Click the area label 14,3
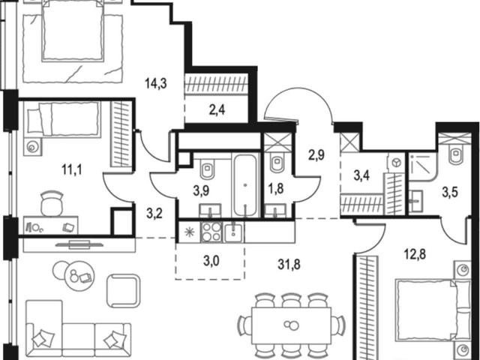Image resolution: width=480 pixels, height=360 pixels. [x=156, y=83]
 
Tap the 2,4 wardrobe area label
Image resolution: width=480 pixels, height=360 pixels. [x=217, y=109]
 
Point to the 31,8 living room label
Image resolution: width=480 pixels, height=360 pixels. [x=289, y=265]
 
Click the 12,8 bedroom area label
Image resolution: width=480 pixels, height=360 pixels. [x=415, y=253]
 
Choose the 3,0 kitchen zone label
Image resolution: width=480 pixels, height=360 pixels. [x=211, y=262]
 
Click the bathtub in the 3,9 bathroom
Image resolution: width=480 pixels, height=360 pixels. [x=245, y=185]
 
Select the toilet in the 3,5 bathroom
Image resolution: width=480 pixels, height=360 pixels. [x=454, y=156]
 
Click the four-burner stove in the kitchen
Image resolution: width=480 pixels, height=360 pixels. [x=212, y=232]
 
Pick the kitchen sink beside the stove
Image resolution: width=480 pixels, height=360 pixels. [x=233, y=232]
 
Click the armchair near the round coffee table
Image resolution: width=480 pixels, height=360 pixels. [x=124, y=291]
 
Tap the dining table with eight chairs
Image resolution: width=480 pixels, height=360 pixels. [x=292, y=325]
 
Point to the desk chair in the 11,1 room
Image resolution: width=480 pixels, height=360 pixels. [x=52, y=203]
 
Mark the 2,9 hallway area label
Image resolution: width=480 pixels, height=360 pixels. [x=316, y=155]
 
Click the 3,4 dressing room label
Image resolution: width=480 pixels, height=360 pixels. [x=361, y=176]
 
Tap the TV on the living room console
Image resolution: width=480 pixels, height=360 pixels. [x=79, y=244]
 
